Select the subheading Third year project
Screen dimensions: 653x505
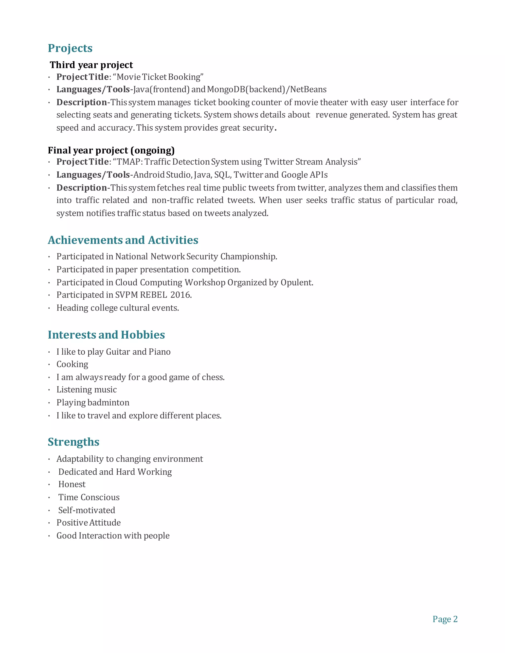(x=91, y=65)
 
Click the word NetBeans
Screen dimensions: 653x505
(x=308, y=89)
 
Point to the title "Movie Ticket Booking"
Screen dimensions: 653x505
(x=158, y=77)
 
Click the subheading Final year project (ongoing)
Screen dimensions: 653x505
(x=111, y=150)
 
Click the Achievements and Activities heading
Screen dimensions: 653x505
(x=123, y=240)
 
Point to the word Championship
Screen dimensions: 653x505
(x=248, y=257)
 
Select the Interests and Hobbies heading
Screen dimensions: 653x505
(x=106, y=335)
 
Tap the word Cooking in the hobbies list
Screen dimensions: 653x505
(x=72, y=364)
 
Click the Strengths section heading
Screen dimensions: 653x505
(x=73, y=442)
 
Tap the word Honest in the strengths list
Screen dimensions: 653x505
(x=72, y=484)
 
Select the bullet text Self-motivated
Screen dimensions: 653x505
(x=87, y=510)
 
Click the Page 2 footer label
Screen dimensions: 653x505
(x=445, y=619)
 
